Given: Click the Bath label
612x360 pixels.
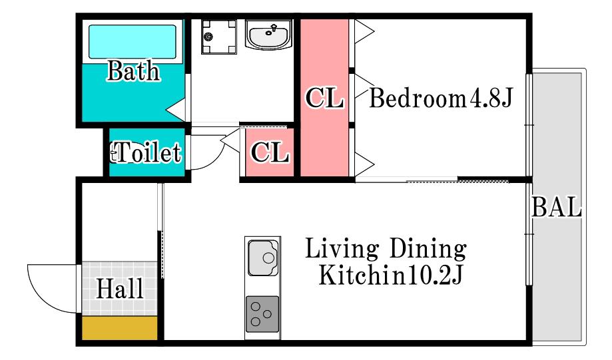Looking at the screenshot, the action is point(133,71).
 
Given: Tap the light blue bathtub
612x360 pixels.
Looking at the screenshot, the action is point(133,42).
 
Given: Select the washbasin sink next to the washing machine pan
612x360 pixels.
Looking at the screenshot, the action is point(268,35).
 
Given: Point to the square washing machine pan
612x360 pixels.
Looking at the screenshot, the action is point(219,37).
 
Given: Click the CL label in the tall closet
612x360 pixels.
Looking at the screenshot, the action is point(324,98).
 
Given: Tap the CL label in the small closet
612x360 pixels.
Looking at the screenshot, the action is point(270,152).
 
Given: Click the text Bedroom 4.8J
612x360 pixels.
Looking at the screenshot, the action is point(441,98).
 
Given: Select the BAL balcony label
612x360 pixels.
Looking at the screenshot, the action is point(557,207).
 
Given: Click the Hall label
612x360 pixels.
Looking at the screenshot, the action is point(120,289).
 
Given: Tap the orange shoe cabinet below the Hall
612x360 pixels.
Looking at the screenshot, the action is point(119,327).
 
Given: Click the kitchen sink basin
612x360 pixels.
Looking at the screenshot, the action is point(264,258).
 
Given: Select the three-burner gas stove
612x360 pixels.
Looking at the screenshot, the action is point(262,314).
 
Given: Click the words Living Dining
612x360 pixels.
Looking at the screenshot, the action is point(386,249).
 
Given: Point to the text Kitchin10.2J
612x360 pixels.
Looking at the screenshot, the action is point(391,275).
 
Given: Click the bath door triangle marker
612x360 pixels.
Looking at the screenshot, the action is point(176,110).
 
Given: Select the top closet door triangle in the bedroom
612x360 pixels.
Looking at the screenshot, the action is point(364,31).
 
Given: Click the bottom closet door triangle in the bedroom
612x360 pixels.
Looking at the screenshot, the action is point(364,164).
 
